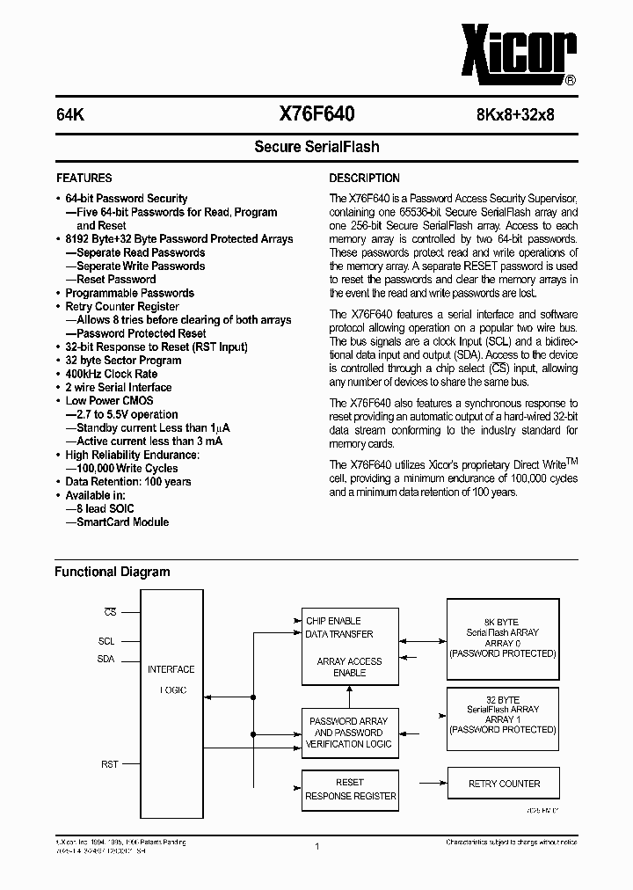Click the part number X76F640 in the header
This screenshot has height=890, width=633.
point(316,113)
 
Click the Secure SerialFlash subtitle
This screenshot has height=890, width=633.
point(316,147)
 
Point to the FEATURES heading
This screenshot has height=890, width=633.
point(84,178)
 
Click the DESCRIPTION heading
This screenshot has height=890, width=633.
point(364,178)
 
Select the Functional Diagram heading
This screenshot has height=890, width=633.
point(113,572)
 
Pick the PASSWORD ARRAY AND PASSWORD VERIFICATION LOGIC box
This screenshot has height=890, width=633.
point(348,732)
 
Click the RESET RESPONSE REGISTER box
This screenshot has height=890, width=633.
point(350,789)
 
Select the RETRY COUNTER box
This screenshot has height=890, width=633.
point(502,783)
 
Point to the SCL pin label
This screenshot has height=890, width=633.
point(106,641)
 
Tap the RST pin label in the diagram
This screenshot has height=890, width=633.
point(109,764)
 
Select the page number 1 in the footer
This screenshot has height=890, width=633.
point(316,846)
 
